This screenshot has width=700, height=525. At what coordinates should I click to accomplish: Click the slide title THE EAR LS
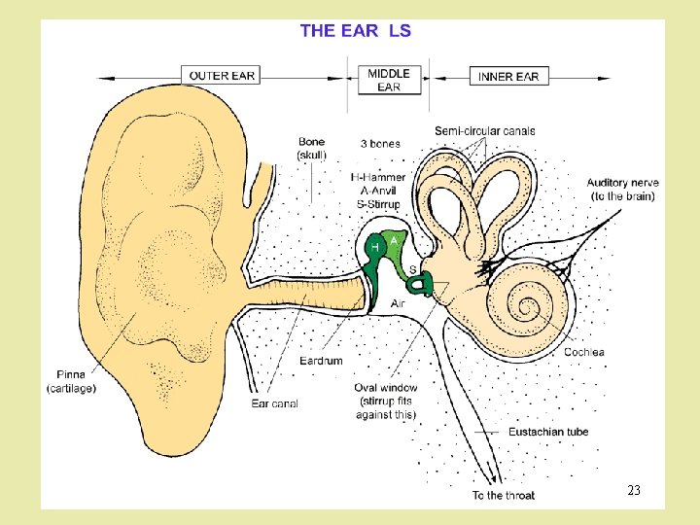click(356, 30)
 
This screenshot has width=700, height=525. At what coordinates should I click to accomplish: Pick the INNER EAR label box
click(507, 76)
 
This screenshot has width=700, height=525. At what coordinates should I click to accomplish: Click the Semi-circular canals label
click(484, 131)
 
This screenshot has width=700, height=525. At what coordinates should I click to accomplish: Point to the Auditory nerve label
click(622, 189)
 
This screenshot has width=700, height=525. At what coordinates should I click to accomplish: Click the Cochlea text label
click(584, 352)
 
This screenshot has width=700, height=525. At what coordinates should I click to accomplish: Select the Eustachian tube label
click(548, 432)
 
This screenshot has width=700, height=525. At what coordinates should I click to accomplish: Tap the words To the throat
click(504, 496)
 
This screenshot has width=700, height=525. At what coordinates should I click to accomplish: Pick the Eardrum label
click(321, 361)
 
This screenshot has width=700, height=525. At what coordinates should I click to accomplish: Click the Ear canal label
click(274, 403)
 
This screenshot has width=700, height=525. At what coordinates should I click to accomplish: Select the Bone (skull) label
click(312, 148)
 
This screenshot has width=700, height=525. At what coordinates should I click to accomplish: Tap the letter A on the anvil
click(394, 237)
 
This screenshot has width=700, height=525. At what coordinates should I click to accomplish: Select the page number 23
click(634, 490)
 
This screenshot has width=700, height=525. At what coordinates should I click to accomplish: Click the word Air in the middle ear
click(398, 303)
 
